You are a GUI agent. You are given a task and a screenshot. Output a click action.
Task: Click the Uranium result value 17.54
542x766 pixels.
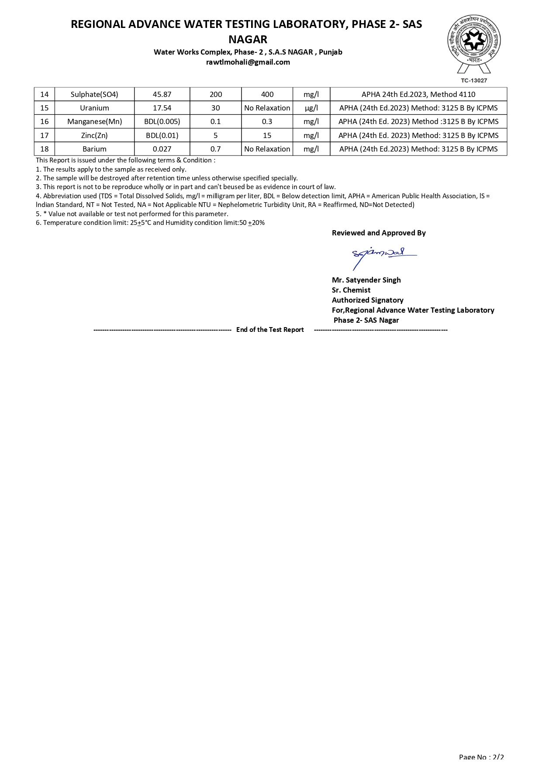pyautogui.click(x=162, y=108)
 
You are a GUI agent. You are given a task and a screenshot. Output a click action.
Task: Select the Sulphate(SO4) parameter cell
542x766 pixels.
pyautogui.click(x=94, y=94)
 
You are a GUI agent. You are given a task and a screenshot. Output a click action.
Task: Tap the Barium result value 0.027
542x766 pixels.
pyautogui.click(x=162, y=149)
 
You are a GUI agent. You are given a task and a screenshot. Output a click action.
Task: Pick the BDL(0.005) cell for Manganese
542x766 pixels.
pyautogui.click(x=162, y=121)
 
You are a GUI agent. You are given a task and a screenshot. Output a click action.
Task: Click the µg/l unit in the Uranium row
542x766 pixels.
pyautogui.click(x=311, y=108)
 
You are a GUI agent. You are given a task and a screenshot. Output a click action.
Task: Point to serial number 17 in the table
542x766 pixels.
pyautogui.click(x=45, y=135)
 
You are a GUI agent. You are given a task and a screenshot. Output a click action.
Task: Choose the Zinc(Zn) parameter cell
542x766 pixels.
pyautogui.click(x=94, y=135)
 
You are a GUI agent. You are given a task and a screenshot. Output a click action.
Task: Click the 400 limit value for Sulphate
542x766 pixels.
pyautogui.click(x=267, y=94)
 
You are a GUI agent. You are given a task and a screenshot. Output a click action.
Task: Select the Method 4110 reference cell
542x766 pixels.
pyautogui.click(x=418, y=94)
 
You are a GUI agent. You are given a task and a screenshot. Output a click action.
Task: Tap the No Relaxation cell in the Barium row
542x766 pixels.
pyautogui.click(x=267, y=149)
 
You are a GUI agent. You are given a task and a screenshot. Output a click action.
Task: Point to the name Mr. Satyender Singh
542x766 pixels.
pyautogui.click(x=366, y=280)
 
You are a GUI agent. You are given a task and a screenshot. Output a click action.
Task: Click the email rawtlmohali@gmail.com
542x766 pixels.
pyautogui.click(x=248, y=62)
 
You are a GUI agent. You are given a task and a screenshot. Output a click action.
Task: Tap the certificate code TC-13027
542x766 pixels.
pyautogui.click(x=474, y=80)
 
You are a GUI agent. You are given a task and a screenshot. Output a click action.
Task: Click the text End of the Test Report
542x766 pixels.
pyautogui.click(x=270, y=330)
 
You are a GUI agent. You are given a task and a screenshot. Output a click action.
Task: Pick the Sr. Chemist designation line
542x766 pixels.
pyautogui.click(x=351, y=290)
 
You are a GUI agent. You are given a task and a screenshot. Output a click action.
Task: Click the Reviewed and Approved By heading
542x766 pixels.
pyautogui.click(x=379, y=233)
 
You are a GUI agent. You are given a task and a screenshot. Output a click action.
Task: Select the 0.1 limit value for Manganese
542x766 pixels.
pyautogui.click(x=216, y=121)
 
